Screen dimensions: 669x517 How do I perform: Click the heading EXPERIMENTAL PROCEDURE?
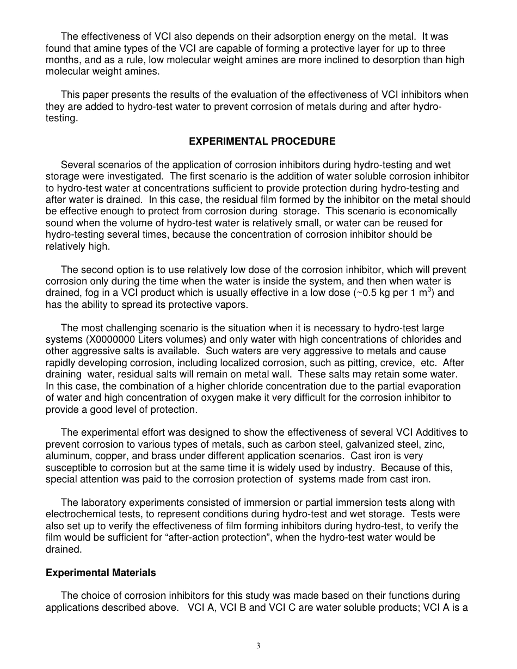pos(262,141)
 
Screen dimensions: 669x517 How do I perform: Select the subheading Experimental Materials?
pos(101,573)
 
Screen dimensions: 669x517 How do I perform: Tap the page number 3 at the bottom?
pos(258,646)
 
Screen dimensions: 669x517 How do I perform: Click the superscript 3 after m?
pos(429,290)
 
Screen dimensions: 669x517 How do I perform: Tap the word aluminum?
pos(66,456)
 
